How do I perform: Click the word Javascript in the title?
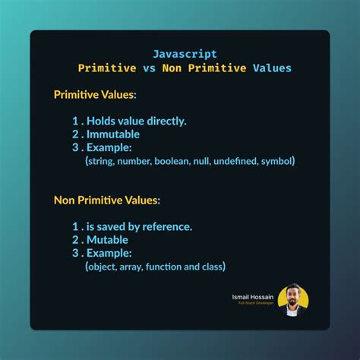(x=185, y=54)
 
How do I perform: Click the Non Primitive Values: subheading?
(x=107, y=201)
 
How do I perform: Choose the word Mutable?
(x=110, y=239)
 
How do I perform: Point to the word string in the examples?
(x=102, y=161)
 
